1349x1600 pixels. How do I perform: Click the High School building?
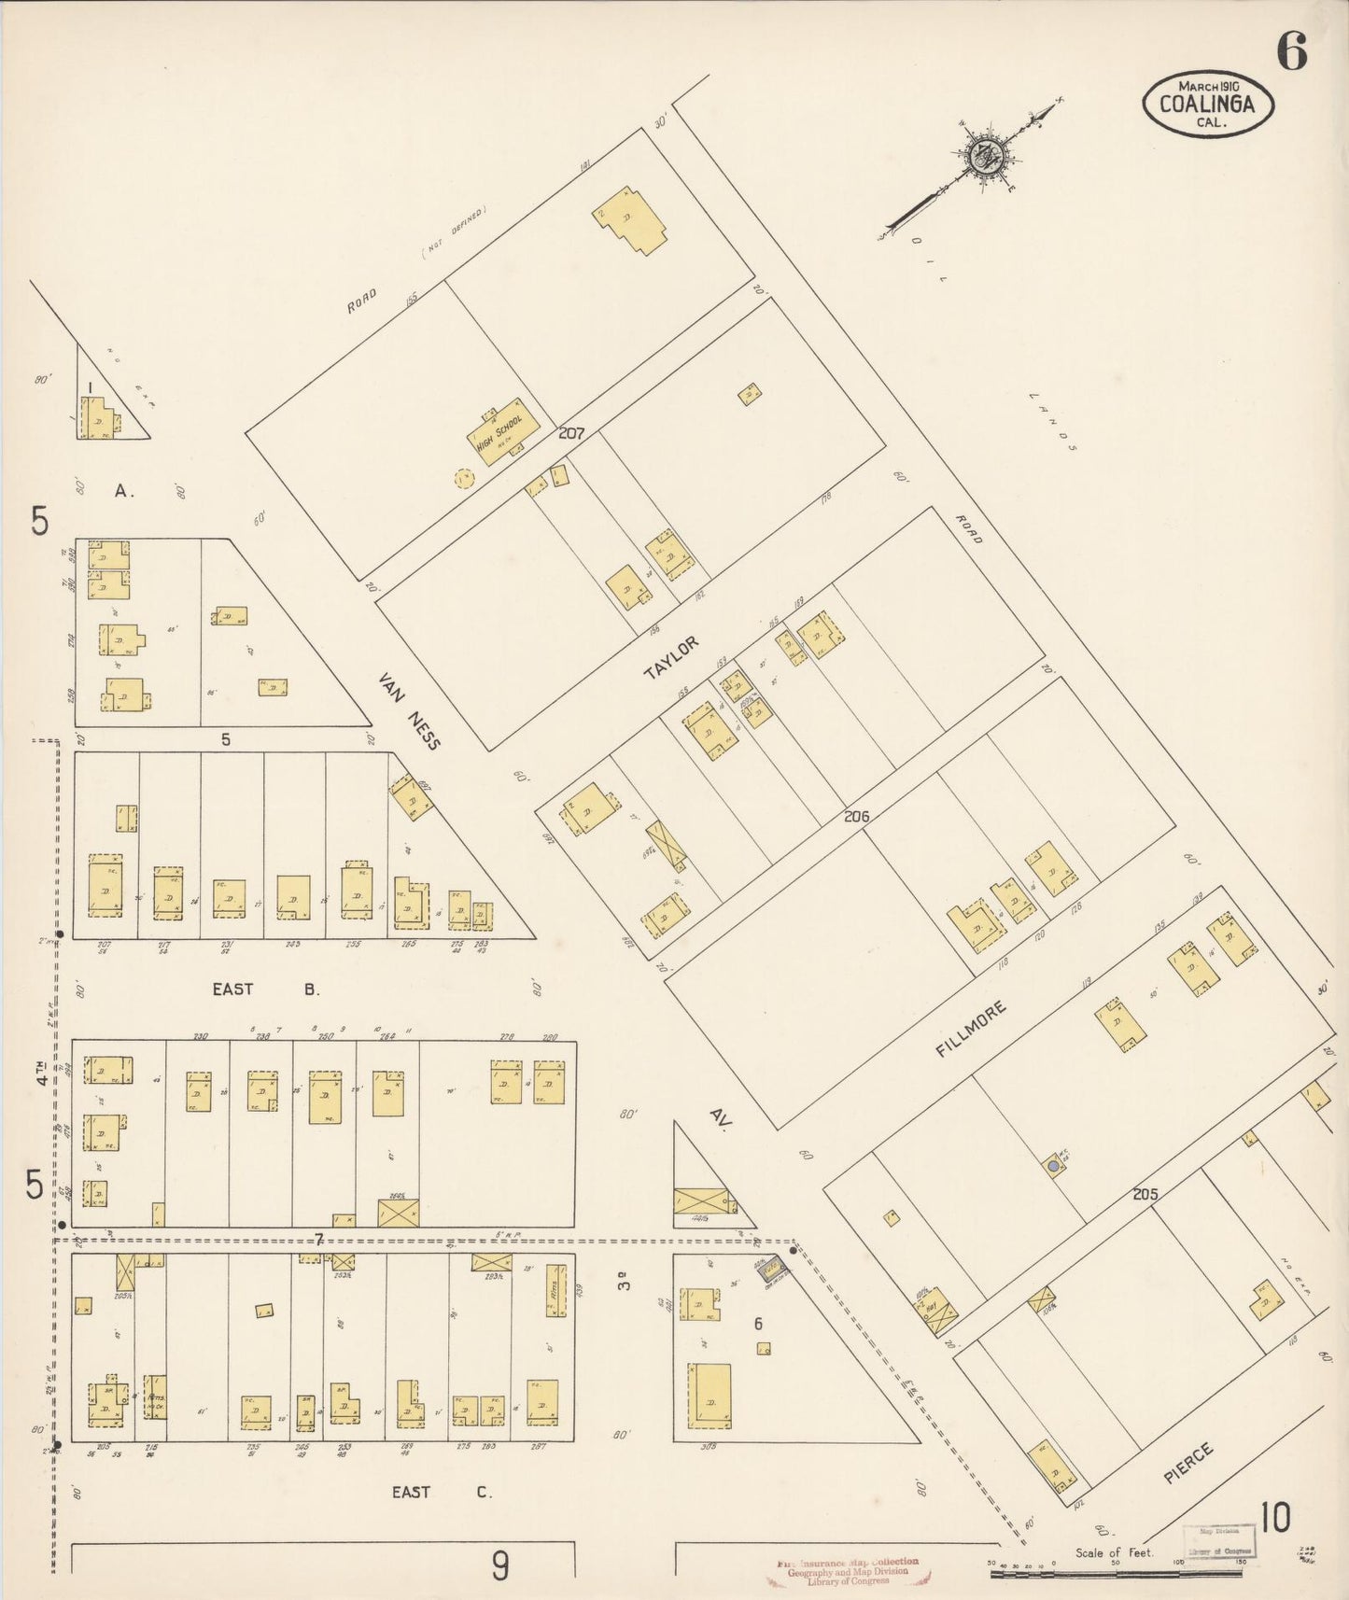(x=502, y=432)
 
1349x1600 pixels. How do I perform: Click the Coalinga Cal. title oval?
(x=1207, y=105)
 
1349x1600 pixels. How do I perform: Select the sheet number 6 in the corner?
(x=1291, y=51)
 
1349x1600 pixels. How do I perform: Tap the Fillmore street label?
(x=972, y=1028)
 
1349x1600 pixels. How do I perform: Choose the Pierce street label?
(x=1188, y=1463)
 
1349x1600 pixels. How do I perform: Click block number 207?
(x=571, y=433)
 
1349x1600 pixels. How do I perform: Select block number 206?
(x=856, y=816)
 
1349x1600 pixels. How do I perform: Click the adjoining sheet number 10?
(x=1274, y=1519)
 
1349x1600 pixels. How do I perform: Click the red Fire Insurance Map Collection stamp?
(x=848, y=1571)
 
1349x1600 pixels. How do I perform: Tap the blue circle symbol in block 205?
(x=1054, y=1165)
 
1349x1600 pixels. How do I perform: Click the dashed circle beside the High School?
(x=463, y=479)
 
